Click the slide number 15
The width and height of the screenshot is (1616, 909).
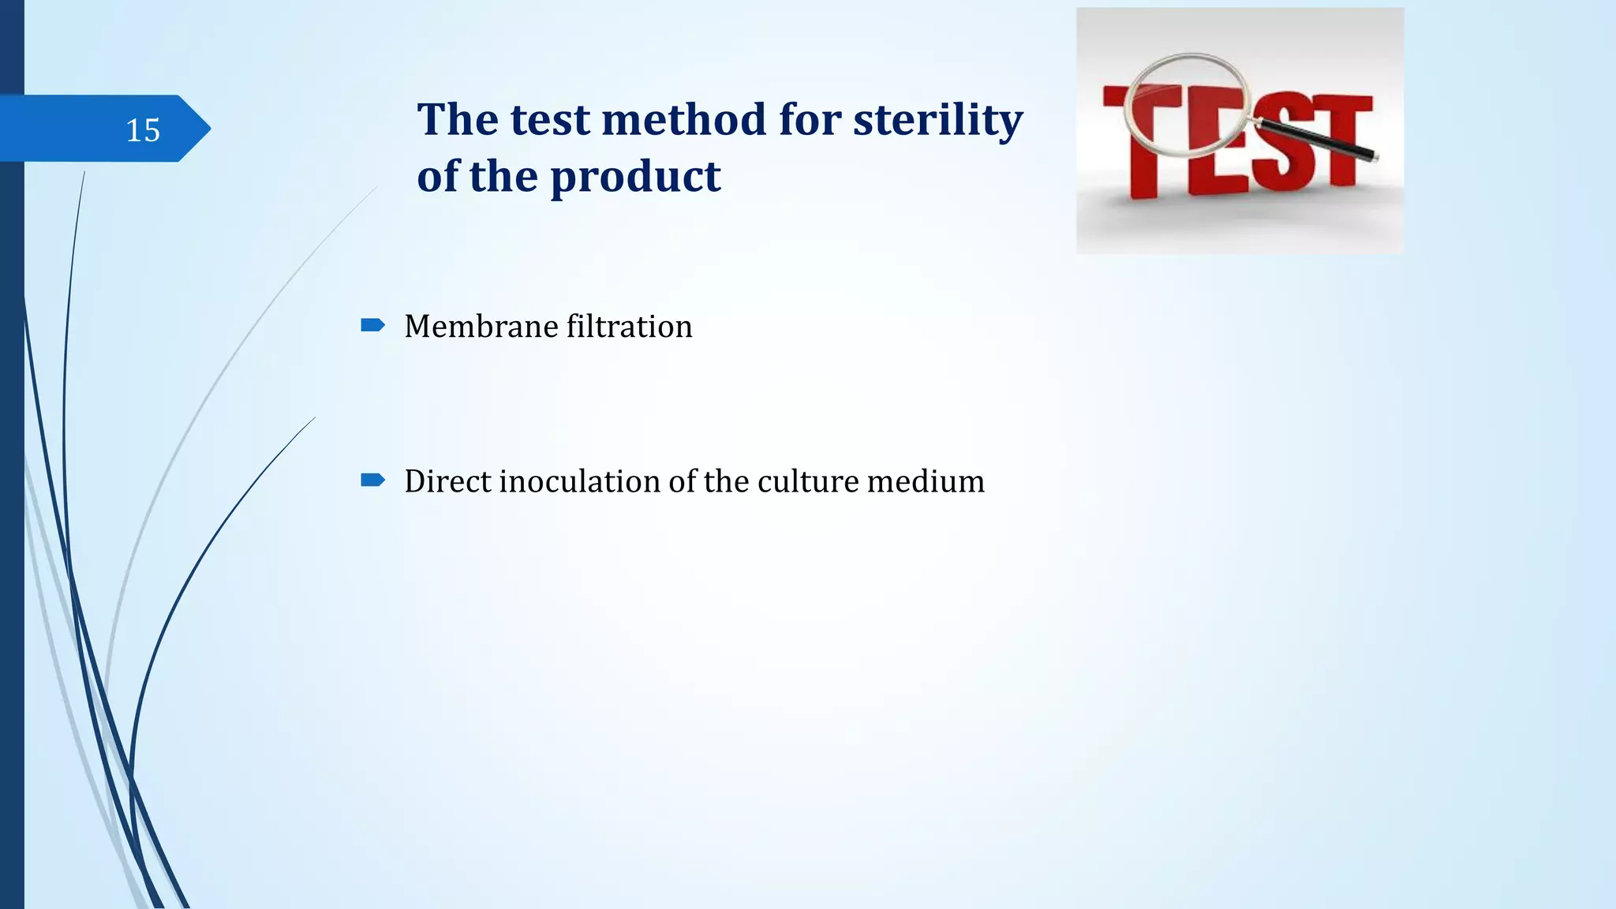point(143,130)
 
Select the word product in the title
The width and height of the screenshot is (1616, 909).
point(635,177)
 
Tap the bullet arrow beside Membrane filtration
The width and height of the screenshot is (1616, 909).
point(372,325)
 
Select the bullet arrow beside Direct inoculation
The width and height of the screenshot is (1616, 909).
point(372,480)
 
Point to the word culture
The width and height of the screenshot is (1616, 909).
point(808,481)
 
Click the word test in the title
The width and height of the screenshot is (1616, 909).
point(550,120)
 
